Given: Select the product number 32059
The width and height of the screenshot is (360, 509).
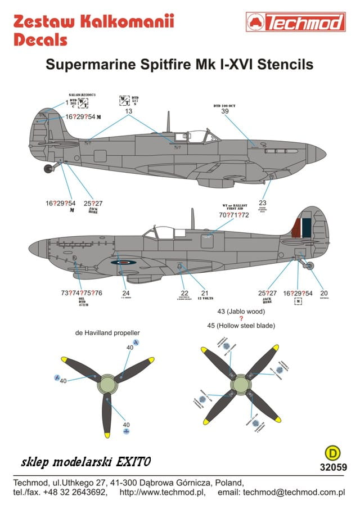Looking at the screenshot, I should [x=333, y=466].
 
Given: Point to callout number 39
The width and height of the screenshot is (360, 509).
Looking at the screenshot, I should [x=225, y=111].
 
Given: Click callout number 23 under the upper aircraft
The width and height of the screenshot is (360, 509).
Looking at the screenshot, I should [x=262, y=202].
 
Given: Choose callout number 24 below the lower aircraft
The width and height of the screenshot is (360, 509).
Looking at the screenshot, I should [x=126, y=293].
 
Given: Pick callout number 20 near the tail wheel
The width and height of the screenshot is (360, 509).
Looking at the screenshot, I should [x=323, y=293].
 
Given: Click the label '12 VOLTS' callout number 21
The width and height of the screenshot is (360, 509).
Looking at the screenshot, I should [x=205, y=293].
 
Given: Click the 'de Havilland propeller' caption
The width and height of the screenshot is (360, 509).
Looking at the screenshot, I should [x=107, y=332].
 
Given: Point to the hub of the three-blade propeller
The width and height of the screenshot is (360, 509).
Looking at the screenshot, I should [x=106, y=384].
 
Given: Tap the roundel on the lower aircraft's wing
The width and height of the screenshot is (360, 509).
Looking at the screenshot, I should [x=121, y=262].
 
